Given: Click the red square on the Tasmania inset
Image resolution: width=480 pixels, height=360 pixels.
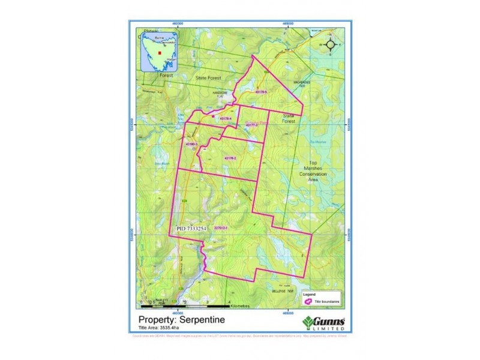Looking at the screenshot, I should tap(160, 53).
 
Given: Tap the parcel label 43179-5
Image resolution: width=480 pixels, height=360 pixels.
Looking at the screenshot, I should tap(261, 92).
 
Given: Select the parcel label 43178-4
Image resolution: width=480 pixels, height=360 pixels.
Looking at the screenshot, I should tap(226, 119).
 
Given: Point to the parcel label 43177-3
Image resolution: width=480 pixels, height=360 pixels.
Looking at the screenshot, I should tap(251, 125).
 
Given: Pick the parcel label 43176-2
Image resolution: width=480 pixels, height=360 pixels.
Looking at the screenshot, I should tap(231, 158).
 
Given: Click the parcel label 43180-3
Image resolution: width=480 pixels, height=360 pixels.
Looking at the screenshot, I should tap(191, 145).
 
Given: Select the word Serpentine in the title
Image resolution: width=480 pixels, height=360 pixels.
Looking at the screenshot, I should tap(200, 320).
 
